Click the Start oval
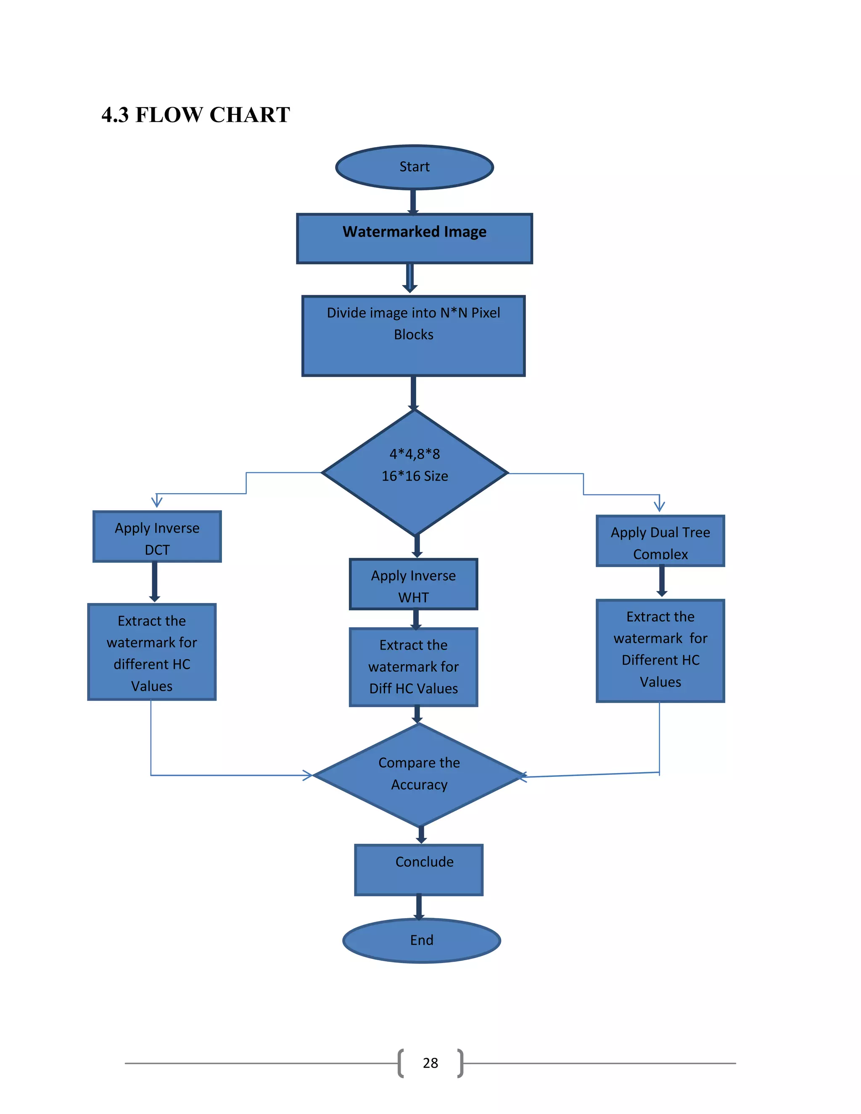coord(414,167)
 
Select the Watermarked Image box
coord(414,239)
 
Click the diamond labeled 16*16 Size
coord(415,473)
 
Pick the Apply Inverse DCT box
coord(157,536)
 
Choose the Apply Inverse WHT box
coord(413,584)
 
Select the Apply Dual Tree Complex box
coord(660,541)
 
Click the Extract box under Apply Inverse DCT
coord(152,652)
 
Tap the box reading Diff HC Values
coord(413,667)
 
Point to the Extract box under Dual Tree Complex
coord(660,650)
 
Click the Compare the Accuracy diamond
coord(419,775)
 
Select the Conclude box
coord(419,870)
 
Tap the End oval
coord(421,940)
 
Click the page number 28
coord(430,1063)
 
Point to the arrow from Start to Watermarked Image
coord(413,201)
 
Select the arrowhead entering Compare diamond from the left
coord(308,775)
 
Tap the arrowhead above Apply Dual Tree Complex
coord(660,505)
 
